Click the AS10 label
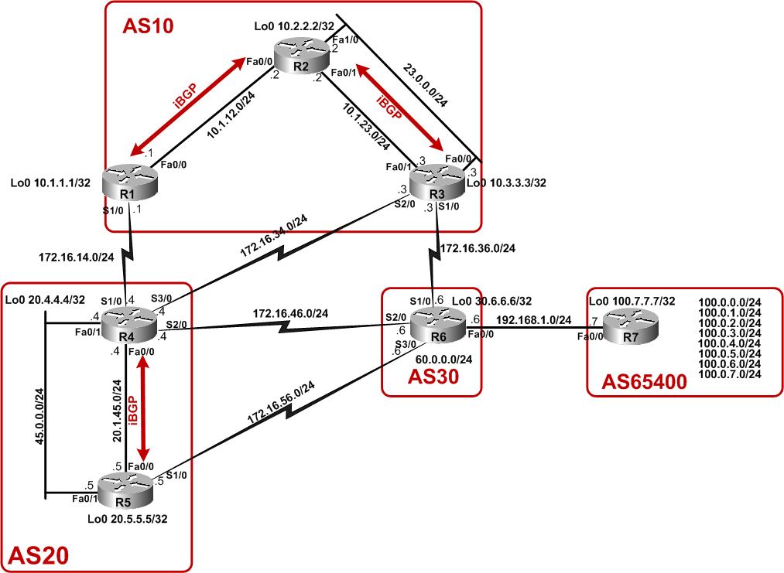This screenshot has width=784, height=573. pyautogui.click(x=148, y=26)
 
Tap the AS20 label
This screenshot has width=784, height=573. pyautogui.click(x=38, y=554)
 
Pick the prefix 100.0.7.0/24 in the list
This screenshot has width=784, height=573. pyautogui.click(x=730, y=373)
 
